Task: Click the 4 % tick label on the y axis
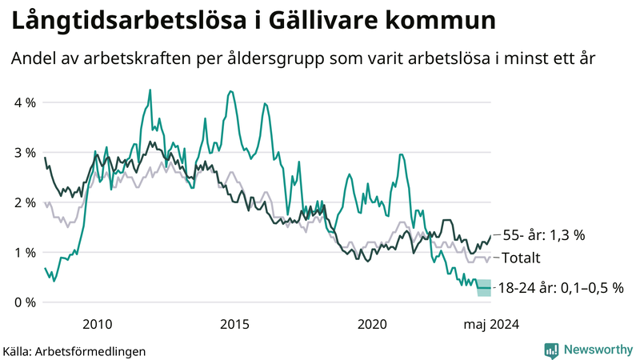(x=24, y=102)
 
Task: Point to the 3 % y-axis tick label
(x=24, y=152)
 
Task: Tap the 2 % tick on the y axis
(x=24, y=202)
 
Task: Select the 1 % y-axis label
(x=24, y=252)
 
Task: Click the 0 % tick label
(x=24, y=302)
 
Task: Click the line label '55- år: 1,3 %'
(x=543, y=235)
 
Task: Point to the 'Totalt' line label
(x=522, y=258)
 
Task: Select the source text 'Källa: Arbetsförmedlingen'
(x=74, y=350)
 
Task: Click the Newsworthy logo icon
(x=551, y=350)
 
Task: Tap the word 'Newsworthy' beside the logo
(x=596, y=350)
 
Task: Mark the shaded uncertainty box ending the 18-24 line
(x=484, y=288)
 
